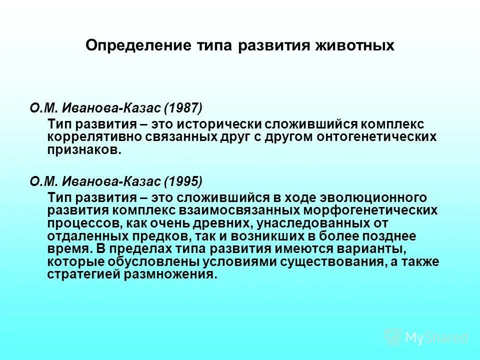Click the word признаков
pyautogui.click(x=84, y=149)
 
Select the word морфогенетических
pyautogui.click(x=370, y=210)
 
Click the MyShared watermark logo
pyautogui.click(x=426, y=337)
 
